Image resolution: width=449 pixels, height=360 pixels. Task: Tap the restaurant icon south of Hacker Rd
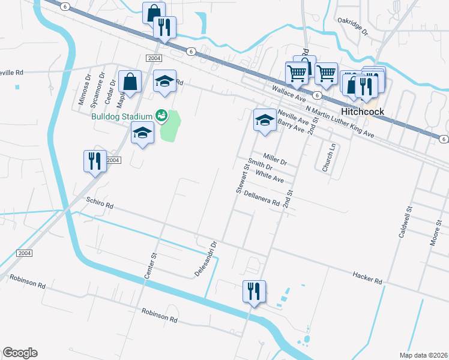[x=253, y=292]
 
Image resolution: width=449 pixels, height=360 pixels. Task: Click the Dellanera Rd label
[x=262, y=199]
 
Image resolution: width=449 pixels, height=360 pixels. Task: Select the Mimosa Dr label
[x=84, y=89]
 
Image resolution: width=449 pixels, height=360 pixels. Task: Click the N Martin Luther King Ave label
[x=339, y=122]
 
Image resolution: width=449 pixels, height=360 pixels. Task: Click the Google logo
[x=20, y=353]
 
